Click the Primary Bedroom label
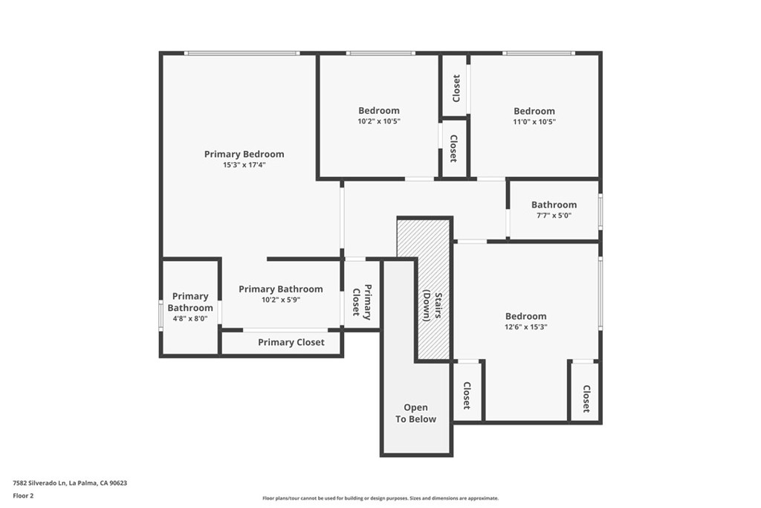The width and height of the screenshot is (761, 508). pyautogui.click(x=244, y=154)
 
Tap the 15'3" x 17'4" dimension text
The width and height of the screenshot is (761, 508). pyautogui.click(x=244, y=165)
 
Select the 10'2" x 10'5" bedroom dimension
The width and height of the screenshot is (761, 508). pyautogui.click(x=378, y=121)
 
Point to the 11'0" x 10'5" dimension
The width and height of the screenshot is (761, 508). pyautogui.click(x=534, y=122)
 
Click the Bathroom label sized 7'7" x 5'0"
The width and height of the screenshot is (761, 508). pyautogui.click(x=554, y=205)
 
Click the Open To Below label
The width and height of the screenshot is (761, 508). pyautogui.click(x=415, y=414)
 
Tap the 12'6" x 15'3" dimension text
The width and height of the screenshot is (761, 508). pyautogui.click(x=525, y=327)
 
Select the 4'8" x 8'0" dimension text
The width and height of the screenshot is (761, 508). pyautogui.click(x=190, y=318)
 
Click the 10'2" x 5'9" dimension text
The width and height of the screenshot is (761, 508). pyautogui.click(x=280, y=300)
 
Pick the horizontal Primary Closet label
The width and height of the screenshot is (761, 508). pyautogui.click(x=291, y=342)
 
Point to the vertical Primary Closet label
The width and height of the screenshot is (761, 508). pyautogui.click(x=362, y=300)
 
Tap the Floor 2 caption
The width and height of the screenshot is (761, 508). pyautogui.click(x=23, y=495)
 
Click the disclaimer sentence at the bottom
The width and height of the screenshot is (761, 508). pyautogui.click(x=380, y=498)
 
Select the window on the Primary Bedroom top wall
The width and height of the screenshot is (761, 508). pyautogui.click(x=242, y=53)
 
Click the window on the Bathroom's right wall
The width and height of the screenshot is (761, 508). pyautogui.click(x=600, y=212)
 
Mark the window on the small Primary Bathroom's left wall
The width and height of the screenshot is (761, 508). pyautogui.click(x=161, y=315)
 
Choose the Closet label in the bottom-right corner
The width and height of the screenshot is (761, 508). pyautogui.click(x=586, y=399)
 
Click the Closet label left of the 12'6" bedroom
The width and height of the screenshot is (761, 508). pyautogui.click(x=467, y=396)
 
